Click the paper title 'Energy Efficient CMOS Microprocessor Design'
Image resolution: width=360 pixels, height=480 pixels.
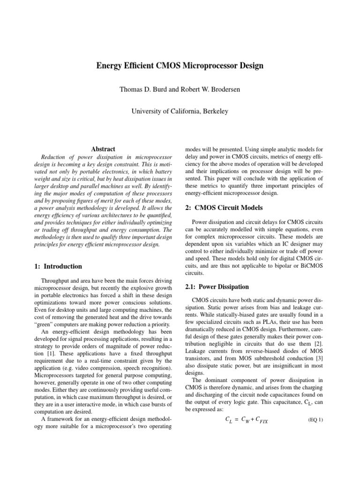180,66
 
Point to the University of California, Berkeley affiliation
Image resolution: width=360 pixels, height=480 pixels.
180,111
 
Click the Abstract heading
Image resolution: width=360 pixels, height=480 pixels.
103,149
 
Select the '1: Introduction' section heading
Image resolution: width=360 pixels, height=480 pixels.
59,266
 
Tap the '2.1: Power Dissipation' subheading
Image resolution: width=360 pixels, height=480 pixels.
214,286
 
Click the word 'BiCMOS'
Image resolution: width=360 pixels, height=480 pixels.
309,265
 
